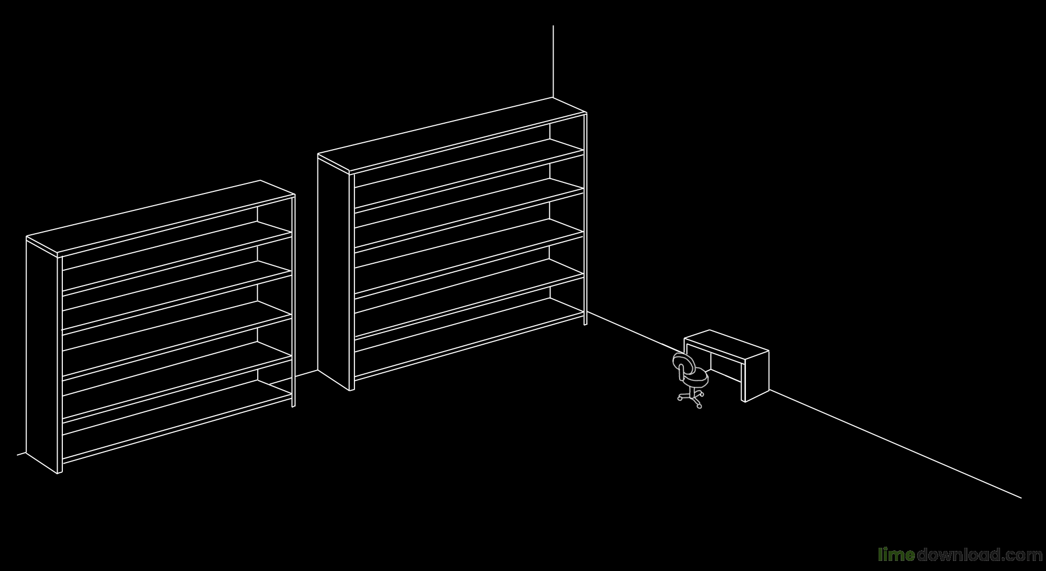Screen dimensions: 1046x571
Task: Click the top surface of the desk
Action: (x=726, y=344)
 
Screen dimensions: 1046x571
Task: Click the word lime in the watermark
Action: (x=896, y=555)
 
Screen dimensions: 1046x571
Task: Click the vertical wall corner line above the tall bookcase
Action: (x=553, y=61)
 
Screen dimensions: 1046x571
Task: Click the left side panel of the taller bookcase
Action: (x=333, y=272)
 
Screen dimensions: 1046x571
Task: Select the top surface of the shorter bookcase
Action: (x=161, y=217)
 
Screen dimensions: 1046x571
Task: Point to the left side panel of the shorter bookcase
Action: (x=42, y=355)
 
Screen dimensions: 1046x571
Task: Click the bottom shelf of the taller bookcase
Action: (x=469, y=339)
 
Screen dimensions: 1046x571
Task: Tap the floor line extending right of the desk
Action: (x=895, y=444)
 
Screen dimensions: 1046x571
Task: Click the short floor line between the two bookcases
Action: (x=294, y=377)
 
